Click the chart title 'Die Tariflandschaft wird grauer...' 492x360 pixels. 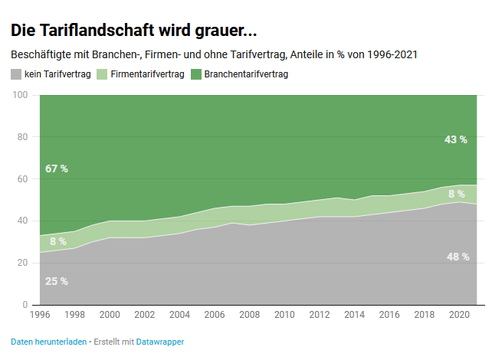click(x=134, y=31)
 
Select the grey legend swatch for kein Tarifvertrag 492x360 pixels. click(x=16, y=74)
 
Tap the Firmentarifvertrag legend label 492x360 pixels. click(x=147, y=74)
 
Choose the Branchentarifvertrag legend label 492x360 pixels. click(x=248, y=74)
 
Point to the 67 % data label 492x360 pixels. click(x=57, y=169)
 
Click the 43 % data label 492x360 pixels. click(x=455, y=139)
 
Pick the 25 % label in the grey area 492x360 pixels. click(x=57, y=281)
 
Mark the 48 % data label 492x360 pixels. click(x=458, y=257)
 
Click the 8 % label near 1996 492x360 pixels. click(x=57, y=241)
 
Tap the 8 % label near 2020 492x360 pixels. click(x=456, y=194)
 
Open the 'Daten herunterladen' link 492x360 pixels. click(x=48, y=341)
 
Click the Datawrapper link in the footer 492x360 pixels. click(x=160, y=341)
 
